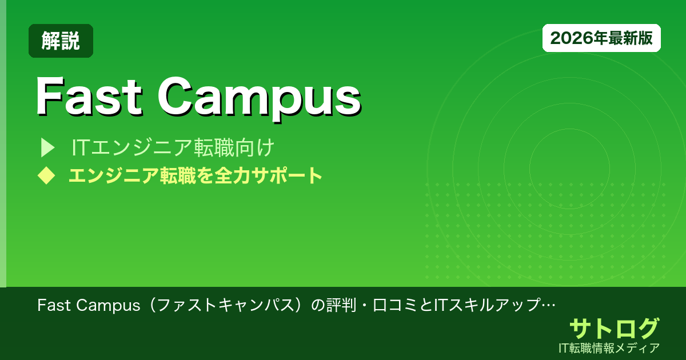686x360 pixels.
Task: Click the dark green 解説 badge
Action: pos(61,41)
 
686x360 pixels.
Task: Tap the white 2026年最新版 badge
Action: pos(601,38)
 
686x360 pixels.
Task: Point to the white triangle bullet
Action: pos(46,148)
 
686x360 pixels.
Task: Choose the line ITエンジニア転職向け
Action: pos(173,148)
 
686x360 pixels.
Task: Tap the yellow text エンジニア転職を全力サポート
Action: pos(195,175)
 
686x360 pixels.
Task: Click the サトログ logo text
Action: pos(614,329)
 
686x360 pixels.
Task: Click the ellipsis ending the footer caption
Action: pos(549,305)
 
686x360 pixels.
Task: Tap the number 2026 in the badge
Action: pos(569,38)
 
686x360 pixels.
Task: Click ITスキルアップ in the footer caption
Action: pos(488,305)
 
